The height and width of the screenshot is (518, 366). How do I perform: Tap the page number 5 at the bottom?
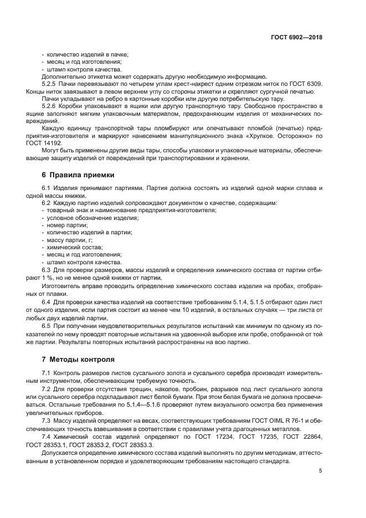[320, 471]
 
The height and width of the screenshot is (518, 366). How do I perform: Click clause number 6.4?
[47, 301]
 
